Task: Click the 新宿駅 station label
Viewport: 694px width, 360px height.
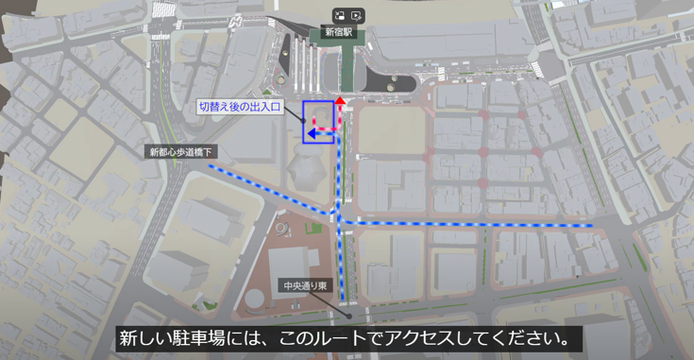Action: coord(337,31)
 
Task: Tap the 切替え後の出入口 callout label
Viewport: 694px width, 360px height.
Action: coord(240,107)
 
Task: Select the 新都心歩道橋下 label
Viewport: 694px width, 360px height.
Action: coord(183,151)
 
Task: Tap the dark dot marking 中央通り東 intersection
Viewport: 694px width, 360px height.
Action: coord(347,317)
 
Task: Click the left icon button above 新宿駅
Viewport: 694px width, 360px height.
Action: coord(339,15)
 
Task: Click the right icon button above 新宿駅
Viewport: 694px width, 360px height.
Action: coord(356,15)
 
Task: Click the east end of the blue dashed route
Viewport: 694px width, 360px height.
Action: coord(591,226)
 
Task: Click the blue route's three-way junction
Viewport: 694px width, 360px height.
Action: coord(338,220)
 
